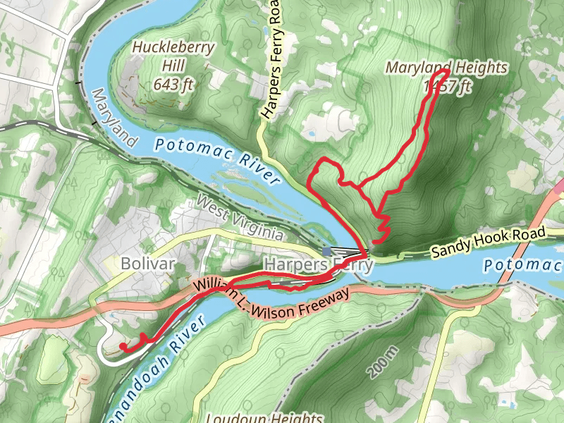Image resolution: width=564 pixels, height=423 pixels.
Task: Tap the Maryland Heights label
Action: coord(446,68)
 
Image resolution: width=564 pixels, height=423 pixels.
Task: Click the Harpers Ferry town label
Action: coord(317,265)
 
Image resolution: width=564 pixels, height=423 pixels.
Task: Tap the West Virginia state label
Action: coord(240,219)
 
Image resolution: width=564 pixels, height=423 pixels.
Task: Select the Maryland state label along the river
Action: coord(112,117)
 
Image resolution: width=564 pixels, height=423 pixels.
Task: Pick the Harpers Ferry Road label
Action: coord(271,61)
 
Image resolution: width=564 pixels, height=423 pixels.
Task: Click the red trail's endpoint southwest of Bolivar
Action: coord(122,347)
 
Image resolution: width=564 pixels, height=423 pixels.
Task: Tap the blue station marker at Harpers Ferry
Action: coord(326,251)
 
